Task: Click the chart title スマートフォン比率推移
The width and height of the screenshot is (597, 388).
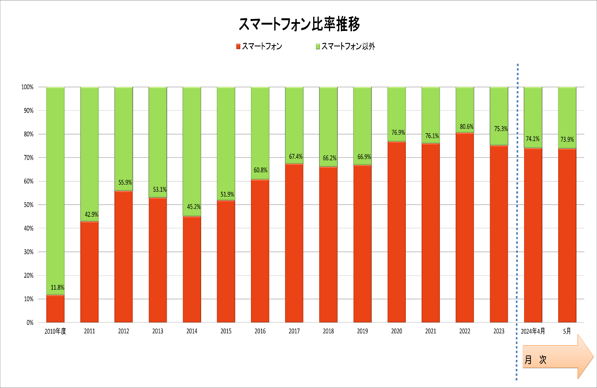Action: coord(299,24)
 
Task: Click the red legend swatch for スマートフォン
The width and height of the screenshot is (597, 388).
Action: coord(238,46)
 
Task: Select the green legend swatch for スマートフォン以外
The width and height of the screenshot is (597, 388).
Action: coord(318,46)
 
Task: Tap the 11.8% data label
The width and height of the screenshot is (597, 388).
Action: coord(57,287)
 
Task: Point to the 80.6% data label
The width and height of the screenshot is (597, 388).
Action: coord(466,126)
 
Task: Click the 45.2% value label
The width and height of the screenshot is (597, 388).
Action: coord(194,206)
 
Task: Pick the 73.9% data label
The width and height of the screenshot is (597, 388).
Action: coord(567,139)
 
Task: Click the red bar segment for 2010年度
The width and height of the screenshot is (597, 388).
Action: coord(55,308)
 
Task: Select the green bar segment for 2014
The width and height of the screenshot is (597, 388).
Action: coord(192,151)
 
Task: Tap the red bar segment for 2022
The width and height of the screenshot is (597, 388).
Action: coord(465,227)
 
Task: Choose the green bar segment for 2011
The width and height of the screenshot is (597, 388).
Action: coord(89,154)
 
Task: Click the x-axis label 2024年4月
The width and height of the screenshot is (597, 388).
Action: coord(533,331)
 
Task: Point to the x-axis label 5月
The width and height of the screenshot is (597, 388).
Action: coord(567,331)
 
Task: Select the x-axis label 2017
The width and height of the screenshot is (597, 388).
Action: coord(294,331)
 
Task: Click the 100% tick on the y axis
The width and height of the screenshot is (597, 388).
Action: coord(27,87)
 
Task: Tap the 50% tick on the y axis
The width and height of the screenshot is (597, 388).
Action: coord(29,205)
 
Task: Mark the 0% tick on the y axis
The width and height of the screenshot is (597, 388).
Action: coord(30,322)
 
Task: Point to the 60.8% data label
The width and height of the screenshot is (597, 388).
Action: coord(260,170)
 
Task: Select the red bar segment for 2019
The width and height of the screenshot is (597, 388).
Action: coord(363,244)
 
